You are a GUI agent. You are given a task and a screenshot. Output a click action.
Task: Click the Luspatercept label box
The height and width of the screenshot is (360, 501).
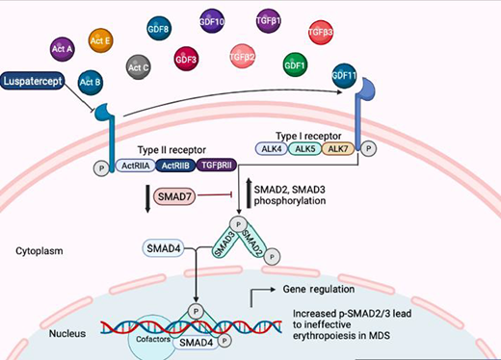pyautogui.click(x=41, y=85)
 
